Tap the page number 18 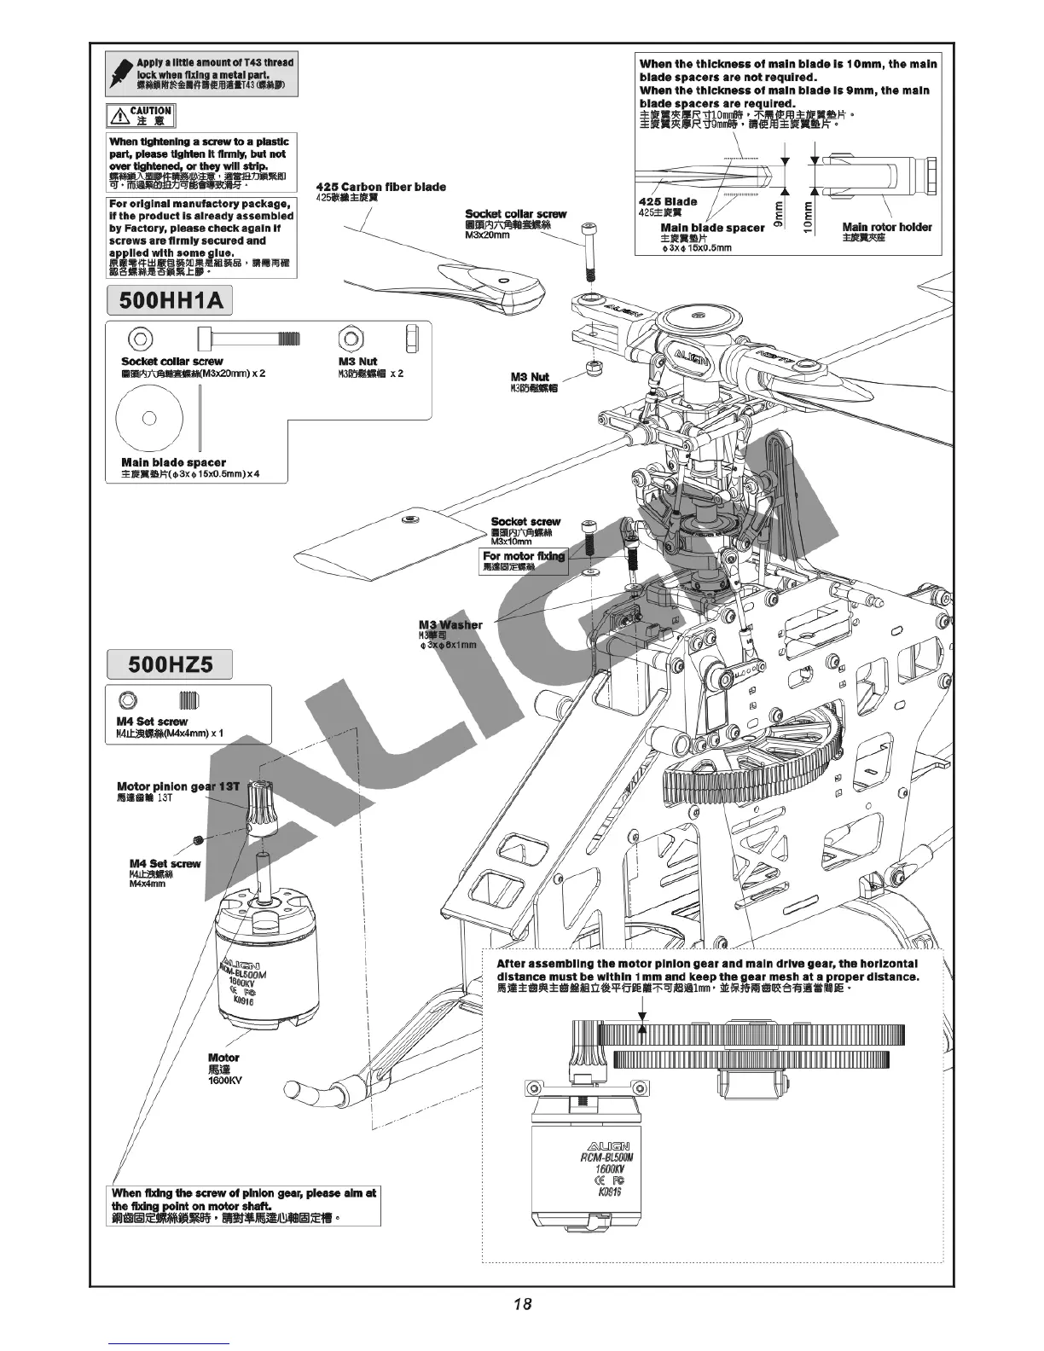[x=522, y=1303]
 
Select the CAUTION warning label [x=141, y=116]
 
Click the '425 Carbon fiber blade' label [x=380, y=188]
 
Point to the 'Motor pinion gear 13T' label [x=178, y=786]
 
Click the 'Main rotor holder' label [x=887, y=227]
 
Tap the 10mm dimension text [x=808, y=212]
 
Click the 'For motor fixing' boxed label [x=524, y=557]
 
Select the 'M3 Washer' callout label [x=450, y=625]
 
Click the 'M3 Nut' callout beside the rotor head [x=530, y=377]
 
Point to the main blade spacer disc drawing [x=150, y=418]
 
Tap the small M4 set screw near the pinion [x=198, y=841]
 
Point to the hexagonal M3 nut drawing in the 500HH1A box [x=350, y=338]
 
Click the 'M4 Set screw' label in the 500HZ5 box [x=151, y=722]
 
